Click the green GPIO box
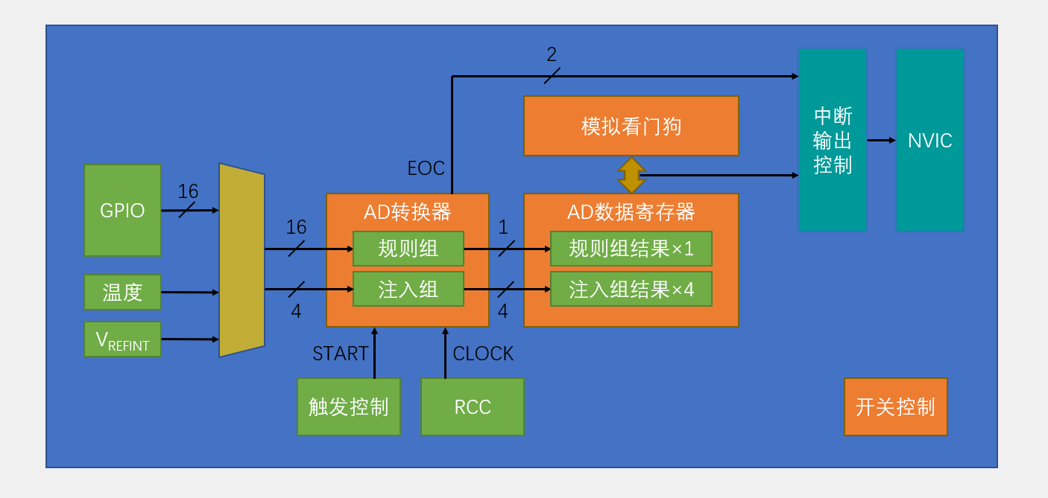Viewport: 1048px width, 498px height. click(x=122, y=211)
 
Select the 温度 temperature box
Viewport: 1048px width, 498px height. click(x=122, y=292)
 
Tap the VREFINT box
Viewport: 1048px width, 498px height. click(x=122, y=339)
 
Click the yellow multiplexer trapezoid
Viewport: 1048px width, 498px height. click(x=242, y=260)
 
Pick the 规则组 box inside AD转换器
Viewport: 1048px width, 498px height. click(x=408, y=249)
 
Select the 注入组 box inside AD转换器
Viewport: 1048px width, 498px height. click(x=408, y=289)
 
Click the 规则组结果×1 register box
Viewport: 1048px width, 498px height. click(x=631, y=249)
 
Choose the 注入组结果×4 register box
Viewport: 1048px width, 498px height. click(x=631, y=289)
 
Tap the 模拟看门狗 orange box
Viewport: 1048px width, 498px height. click(x=631, y=126)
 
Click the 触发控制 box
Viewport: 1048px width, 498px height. click(x=348, y=406)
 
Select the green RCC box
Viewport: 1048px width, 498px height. click(x=472, y=406)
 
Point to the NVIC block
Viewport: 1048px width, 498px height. click(x=929, y=140)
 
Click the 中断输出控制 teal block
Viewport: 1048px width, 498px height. click(x=832, y=140)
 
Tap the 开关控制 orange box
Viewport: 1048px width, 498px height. click(x=895, y=406)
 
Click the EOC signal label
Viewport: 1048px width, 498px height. click(x=426, y=168)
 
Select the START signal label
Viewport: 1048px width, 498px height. click(x=340, y=354)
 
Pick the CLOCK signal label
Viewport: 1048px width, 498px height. click(x=483, y=354)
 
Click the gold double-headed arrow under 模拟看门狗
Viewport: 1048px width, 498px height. click(x=631, y=175)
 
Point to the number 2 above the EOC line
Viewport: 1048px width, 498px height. click(x=552, y=54)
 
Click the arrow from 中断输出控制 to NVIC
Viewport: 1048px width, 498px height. click(x=881, y=140)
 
